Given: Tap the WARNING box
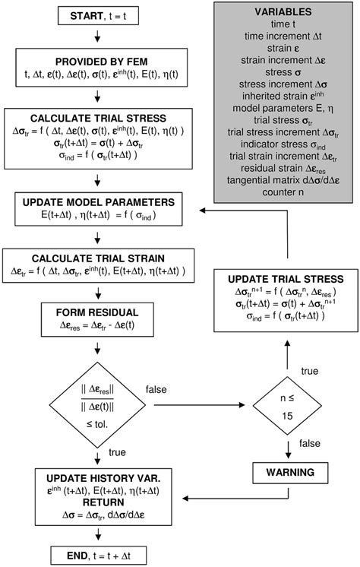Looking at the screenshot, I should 286,472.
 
